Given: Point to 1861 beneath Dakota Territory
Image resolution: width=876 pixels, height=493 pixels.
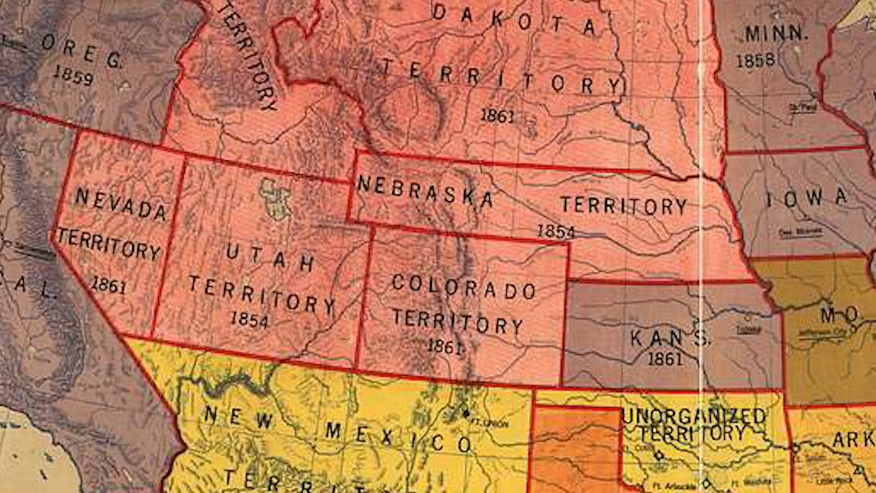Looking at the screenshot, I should [x=497, y=116].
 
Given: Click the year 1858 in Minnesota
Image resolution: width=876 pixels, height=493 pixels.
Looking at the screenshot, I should [x=756, y=60].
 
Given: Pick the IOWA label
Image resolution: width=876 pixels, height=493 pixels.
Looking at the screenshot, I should [x=806, y=199].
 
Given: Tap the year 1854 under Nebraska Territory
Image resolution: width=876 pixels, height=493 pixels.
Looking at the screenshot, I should [x=556, y=231].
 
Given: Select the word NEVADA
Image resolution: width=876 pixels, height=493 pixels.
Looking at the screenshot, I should [x=121, y=205].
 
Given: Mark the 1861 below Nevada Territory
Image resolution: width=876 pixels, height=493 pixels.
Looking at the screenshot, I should [x=108, y=284].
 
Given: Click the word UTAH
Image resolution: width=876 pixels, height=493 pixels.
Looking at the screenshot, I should [x=270, y=257].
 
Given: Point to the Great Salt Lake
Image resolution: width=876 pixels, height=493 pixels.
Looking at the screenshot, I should [x=274, y=198].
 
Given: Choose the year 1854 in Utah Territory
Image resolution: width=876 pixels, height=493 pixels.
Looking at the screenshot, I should [x=249, y=319].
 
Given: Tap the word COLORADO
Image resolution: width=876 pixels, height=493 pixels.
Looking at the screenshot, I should [x=463, y=288].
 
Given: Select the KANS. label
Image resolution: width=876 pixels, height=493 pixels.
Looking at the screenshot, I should [x=670, y=338].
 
